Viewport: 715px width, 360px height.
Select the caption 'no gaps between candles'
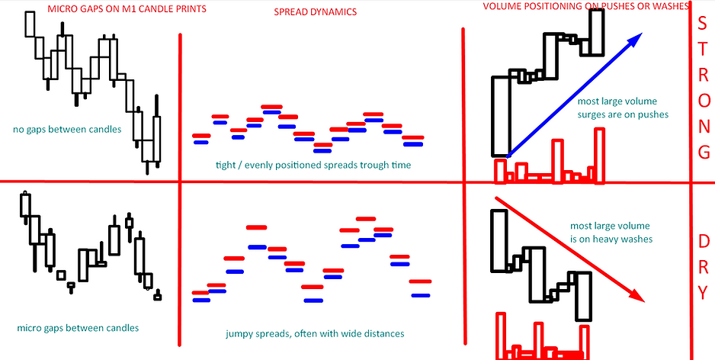coord(67,129)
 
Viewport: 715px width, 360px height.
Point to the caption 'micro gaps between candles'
coord(78,329)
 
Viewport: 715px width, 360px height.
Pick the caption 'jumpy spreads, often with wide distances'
coord(314,333)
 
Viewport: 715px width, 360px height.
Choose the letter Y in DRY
coord(703,291)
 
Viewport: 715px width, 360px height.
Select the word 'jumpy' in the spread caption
coord(240,333)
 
